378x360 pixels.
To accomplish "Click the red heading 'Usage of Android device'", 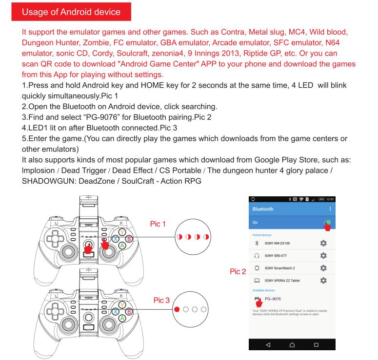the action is (71, 12).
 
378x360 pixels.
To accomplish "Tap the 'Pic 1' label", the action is (158, 224).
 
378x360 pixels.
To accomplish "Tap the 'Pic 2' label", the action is (238, 272).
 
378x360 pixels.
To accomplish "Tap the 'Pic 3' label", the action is (161, 300).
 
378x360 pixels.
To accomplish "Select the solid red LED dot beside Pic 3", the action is (177, 309).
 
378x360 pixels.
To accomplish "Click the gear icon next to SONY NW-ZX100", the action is (323, 243).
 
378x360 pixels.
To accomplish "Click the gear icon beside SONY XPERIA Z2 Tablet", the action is (323, 280).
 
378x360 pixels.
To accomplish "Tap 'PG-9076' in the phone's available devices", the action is (273, 299).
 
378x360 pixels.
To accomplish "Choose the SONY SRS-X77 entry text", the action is (276, 256).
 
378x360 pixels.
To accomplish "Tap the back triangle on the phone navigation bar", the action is (268, 345).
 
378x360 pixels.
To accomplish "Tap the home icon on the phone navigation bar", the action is (292, 345).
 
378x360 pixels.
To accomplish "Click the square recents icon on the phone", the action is (316, 345).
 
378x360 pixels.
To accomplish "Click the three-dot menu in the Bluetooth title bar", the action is (330, 209).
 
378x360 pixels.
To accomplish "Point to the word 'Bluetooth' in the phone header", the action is (263, 209).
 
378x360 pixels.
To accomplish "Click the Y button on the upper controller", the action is (122, 232).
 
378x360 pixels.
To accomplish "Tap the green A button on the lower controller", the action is (122, 318).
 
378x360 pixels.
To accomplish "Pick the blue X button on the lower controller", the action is (116, 312).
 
